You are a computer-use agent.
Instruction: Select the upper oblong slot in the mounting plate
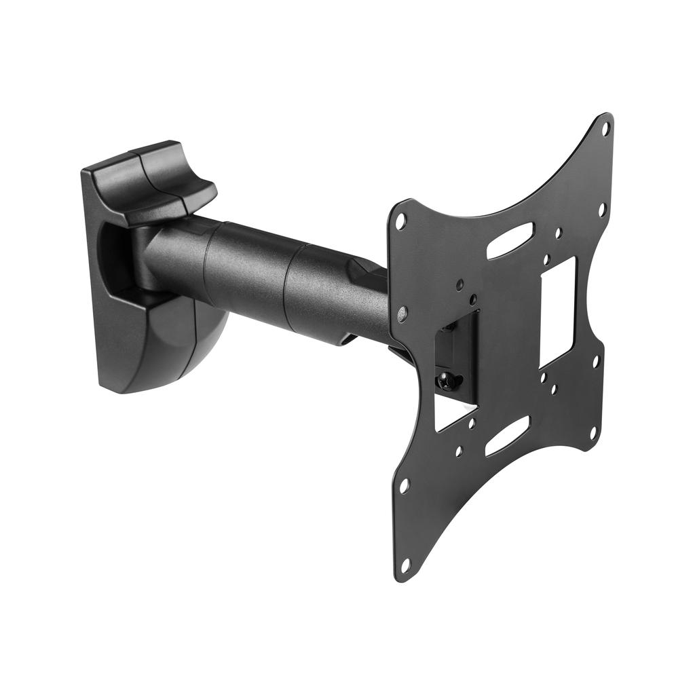click(510, 240)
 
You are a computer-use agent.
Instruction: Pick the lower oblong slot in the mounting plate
click(508, 436)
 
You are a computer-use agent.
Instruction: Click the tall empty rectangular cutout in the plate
click(558, 312)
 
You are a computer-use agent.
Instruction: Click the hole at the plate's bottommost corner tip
click(405, 565)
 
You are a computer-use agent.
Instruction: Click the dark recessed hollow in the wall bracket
click(115, 258)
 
